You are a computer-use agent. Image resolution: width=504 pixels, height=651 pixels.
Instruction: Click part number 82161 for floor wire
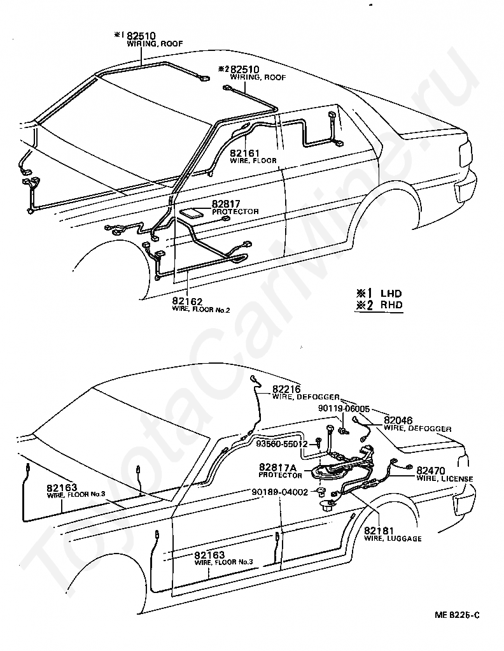click(244, 154)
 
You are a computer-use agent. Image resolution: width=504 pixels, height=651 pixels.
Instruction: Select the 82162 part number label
click(187, 302)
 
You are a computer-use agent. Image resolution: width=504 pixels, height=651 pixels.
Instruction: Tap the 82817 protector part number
click(226, 204)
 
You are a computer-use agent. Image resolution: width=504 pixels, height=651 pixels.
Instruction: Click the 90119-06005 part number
click(344, 408)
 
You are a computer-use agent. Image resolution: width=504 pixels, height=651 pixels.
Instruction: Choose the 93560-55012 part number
click(282, 444)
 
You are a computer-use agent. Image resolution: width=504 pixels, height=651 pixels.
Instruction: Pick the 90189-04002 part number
click(280, 492)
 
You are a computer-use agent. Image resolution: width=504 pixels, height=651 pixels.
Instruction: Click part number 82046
click(398, 420)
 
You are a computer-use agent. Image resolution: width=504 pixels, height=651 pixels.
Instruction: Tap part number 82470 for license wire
click(431, 470)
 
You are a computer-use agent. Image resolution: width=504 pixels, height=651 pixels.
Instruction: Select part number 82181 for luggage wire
click(379, 531)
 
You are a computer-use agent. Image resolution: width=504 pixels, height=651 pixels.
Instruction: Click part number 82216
click(286, 389)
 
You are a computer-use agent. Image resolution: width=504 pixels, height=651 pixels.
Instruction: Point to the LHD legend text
click(391, 294)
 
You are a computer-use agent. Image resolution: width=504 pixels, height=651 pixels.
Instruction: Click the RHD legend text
click(391, 304)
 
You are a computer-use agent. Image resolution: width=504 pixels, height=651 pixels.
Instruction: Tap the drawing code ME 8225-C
click(457, 615)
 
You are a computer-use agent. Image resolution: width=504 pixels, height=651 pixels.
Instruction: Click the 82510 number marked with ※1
click(141, 36)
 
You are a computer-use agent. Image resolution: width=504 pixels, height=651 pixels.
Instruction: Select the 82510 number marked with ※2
click(245, 69)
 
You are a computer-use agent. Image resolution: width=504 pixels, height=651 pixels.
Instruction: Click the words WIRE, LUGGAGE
click(393, 538)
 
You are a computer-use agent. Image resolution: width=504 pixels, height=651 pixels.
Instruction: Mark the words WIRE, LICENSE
click(445, 478)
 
